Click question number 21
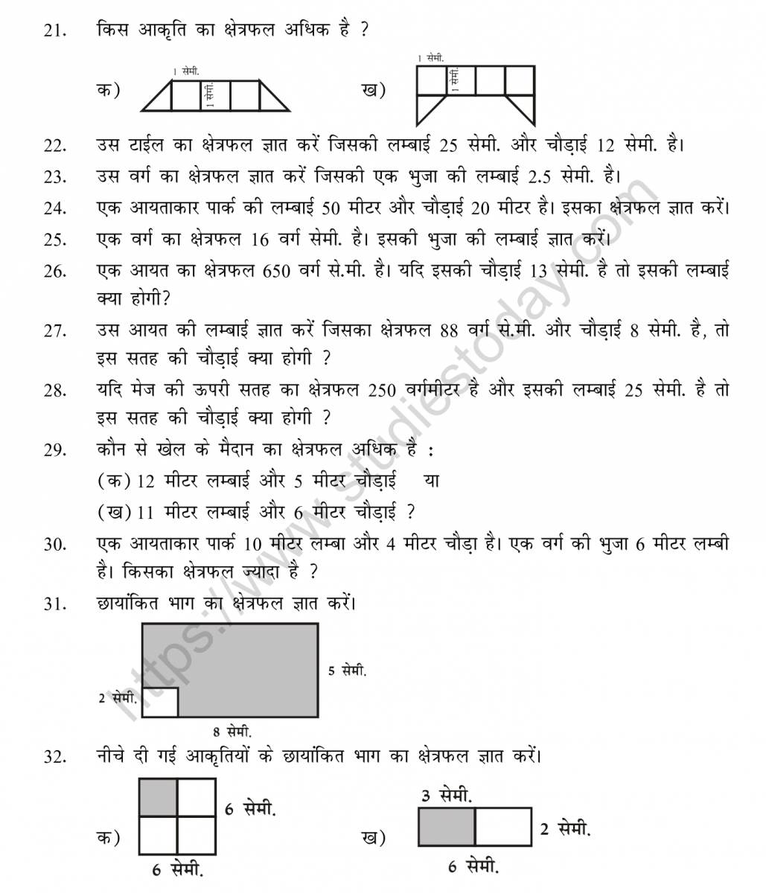click(54, 31)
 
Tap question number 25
click(54, 240)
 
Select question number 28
click(54, 390)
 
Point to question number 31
click(54, 604)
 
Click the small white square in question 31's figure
click(160, 702)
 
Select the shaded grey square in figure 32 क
click(159, 798)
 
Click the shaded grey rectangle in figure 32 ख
click(447, 827)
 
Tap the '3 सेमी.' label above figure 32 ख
click(446, 796)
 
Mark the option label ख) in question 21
click(374, 91)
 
